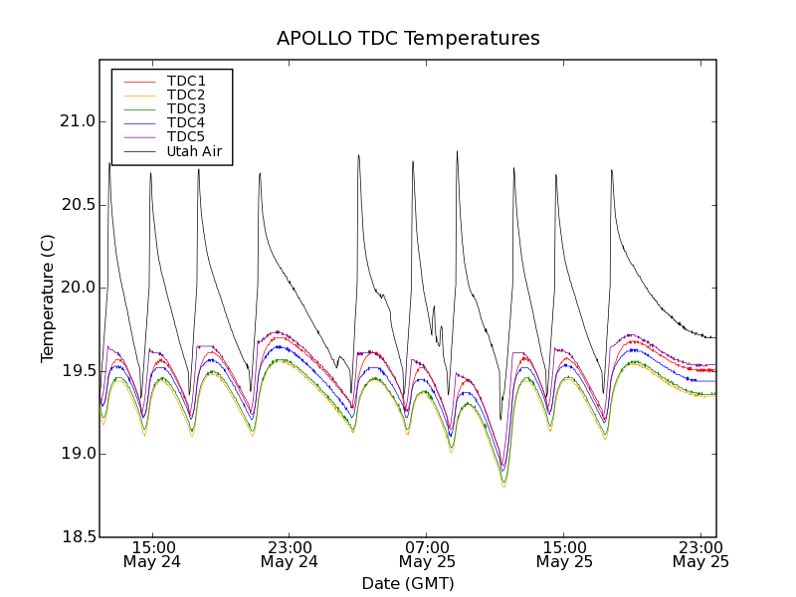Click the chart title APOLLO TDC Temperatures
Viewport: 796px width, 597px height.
point(408,39)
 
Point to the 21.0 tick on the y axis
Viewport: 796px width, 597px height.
point(77,121)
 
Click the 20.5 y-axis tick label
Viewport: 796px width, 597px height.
point(77,204)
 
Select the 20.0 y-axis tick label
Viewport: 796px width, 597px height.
point(77,288)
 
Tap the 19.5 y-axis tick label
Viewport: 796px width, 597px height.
point(77,370)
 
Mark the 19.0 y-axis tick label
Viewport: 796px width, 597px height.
point(77,454)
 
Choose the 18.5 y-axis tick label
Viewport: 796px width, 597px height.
point(77,537)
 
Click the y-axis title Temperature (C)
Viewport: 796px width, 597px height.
point(48,298)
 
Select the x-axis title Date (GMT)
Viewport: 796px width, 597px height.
point(408,583)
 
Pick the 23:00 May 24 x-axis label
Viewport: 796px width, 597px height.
point(290,554)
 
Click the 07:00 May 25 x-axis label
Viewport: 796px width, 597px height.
point(427,554)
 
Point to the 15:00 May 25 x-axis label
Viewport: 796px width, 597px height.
point(564,554)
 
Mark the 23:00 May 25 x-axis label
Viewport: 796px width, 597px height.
point(700,554)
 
